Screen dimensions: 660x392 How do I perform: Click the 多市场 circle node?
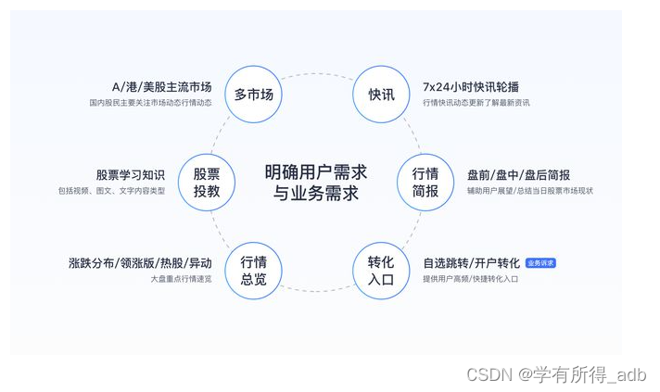pos(253,95)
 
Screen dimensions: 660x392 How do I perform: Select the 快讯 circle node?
pos(381,95)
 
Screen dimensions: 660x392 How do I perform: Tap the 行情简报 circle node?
pos(425,183)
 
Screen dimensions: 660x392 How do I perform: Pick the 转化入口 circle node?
pos(381,271)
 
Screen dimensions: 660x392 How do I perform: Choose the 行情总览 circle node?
pos(253,271)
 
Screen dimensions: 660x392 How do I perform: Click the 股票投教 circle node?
pos(207,183)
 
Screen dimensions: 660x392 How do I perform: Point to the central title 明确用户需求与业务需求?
pos(315,183)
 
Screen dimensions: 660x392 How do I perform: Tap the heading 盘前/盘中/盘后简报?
pos(518,174)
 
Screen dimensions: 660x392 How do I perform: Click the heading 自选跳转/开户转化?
pos(471,263)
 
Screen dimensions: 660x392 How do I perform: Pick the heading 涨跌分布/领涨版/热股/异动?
pos(140,263)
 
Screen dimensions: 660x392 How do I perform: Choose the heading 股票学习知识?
pos(130,174)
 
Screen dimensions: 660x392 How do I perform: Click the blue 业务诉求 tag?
pos(540,263)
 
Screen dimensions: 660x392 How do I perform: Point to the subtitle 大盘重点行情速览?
pos(181,279)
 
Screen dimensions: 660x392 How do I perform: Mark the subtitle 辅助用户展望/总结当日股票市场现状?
pos(529,191)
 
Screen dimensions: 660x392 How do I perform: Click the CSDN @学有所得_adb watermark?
pos(556,374)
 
